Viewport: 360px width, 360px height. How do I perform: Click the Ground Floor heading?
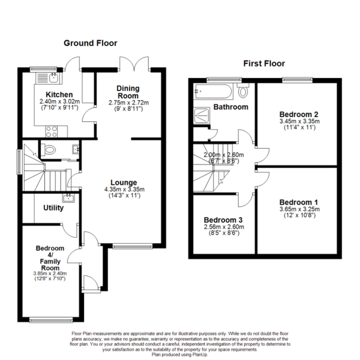click(x=91, y=43)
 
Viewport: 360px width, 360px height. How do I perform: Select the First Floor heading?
click(x=264, y=63)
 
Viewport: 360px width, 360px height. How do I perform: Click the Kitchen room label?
click(x=60, y=95)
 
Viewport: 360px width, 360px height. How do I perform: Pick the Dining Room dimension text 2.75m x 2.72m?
click(x=128, y=103)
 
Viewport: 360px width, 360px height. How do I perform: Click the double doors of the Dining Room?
click(x=133, y=64)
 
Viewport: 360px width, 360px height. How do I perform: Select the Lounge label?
click(x=123, y=182)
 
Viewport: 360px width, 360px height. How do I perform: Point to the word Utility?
click(x=53, y=208)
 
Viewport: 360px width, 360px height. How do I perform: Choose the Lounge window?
click(x=129, y=245)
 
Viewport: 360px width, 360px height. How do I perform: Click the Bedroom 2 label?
click(x=298, y=114)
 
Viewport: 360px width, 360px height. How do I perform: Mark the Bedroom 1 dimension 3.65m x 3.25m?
click(x=298, y=209)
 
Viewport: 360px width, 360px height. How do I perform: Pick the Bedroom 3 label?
click(x=222, y=219)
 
